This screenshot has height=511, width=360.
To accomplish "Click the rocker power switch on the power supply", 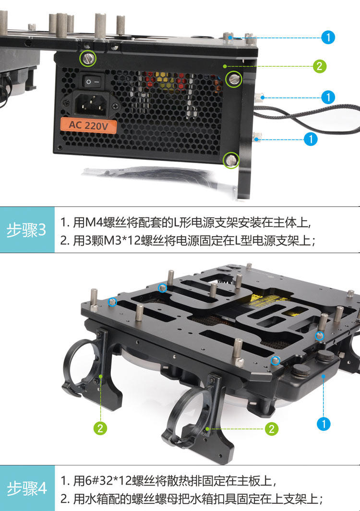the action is point(92,82).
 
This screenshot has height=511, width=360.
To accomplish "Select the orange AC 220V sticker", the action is point(88,125).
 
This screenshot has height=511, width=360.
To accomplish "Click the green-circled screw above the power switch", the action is point(88,59).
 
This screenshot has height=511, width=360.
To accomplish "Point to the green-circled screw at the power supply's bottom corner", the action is point(231,160).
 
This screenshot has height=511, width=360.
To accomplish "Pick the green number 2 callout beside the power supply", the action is point(319,66).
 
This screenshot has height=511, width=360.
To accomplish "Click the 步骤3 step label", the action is point(26,230).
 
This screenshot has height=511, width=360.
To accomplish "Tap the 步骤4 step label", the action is point(27,488).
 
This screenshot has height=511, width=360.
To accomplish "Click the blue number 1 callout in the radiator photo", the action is point(324,424).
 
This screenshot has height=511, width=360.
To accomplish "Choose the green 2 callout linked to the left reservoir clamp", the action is point(100,428).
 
